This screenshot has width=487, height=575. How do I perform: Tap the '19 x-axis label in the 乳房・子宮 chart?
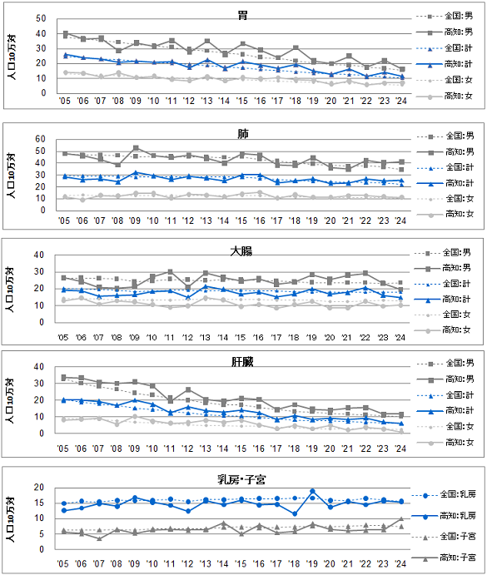(313, 568)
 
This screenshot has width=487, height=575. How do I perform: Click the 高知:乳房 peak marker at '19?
(313, 492)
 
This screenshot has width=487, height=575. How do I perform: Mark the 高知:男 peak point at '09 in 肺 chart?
(136, 148)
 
